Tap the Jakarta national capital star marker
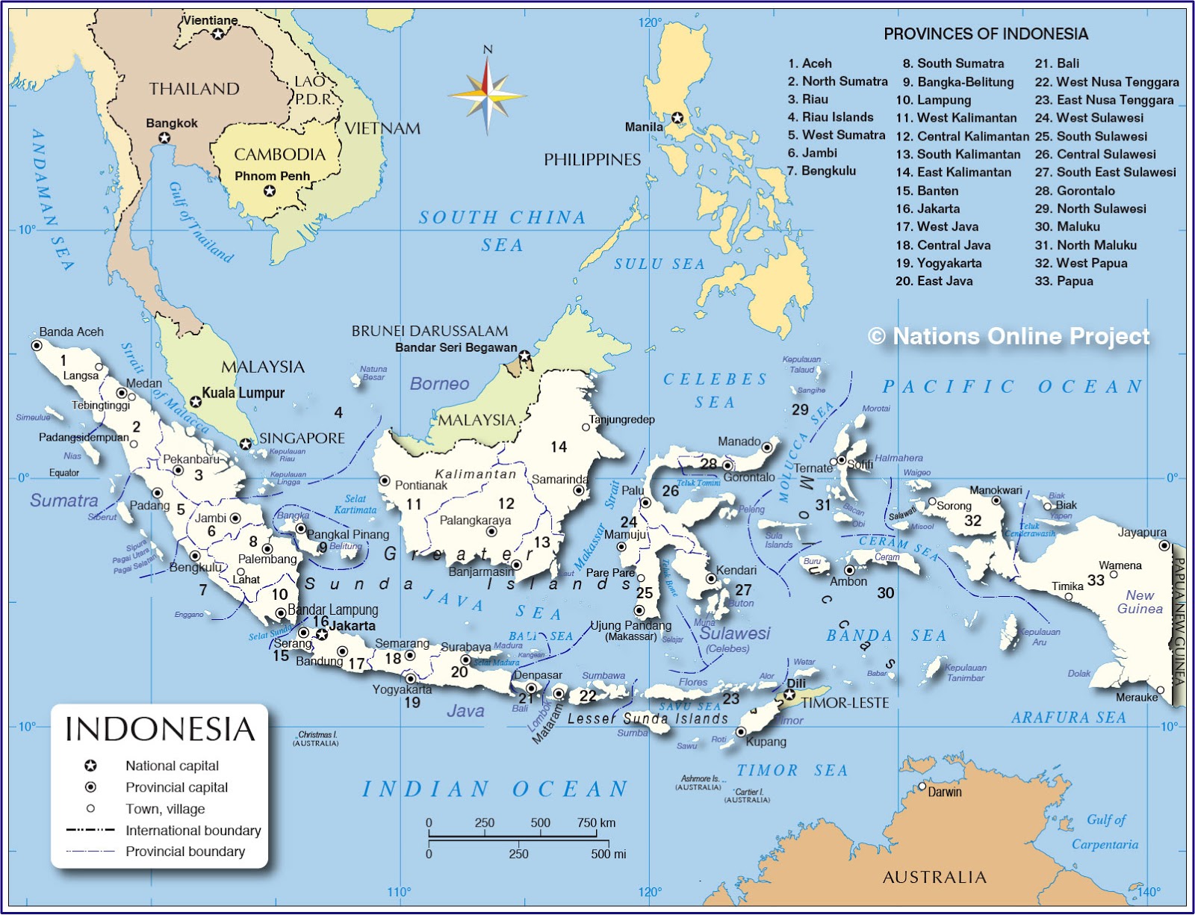tap(321, 634)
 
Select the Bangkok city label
tap(172, 122)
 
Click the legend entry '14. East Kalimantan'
tap(953, 173)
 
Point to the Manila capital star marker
tap(677, 118)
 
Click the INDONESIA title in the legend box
tap(160, 729)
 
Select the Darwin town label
tap(944, 792)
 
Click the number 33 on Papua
tap(1096, 580)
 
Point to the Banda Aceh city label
tap(71, 332)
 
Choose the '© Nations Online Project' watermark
tap(1008, 336)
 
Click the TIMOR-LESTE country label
tap(845, 703)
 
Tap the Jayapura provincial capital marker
tap(1164, 546)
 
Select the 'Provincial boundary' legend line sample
tap(90, 851)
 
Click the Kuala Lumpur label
tap(243, 393)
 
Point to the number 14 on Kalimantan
tap(559, 447)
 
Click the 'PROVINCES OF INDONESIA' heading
tap(985, 34)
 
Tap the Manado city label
tap(739, 441)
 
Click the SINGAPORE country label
tap(301, 438)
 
